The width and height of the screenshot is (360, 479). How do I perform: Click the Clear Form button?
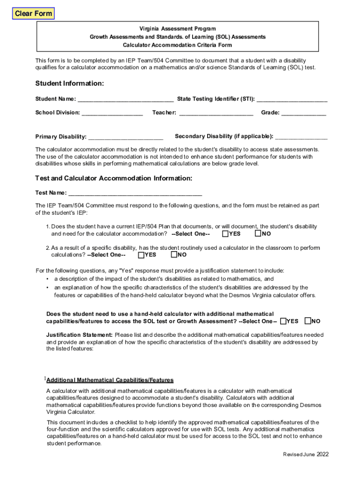click(33, 14)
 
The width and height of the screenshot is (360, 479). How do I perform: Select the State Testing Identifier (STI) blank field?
click(292, 99)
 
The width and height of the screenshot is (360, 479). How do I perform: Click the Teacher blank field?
click(216, 113)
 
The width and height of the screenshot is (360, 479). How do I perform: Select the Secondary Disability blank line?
click(301, 137)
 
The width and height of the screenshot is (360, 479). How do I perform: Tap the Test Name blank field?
click(135, 193)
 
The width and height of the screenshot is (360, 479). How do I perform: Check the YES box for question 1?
click(226, 233)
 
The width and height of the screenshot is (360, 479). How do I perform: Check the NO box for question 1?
click(258, 233)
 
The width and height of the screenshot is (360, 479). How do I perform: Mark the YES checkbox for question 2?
click(141, 255)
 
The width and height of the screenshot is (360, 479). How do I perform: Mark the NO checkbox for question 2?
click(174, 255)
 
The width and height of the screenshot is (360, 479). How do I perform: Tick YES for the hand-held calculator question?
click(283, 321)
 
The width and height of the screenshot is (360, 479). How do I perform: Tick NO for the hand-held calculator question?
click(308, 321)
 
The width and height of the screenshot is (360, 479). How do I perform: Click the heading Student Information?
click(69, 83)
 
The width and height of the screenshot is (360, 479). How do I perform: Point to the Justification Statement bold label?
click(79, 335)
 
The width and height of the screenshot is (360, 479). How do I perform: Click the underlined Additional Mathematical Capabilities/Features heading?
click(110, 380)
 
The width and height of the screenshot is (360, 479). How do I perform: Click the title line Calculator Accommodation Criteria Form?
click(177, 45)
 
